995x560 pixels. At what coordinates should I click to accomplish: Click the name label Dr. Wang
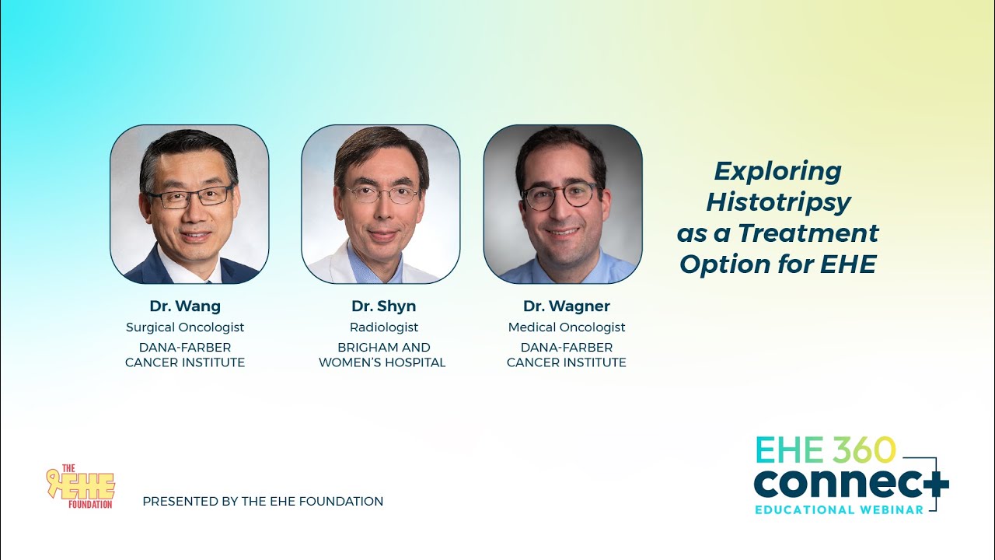185,306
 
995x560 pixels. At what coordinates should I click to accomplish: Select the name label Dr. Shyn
383,306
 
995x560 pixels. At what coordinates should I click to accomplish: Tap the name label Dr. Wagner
567,306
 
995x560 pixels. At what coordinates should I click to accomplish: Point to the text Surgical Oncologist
185,327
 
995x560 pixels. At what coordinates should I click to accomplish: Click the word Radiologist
384,327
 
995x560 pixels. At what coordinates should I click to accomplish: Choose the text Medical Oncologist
567,327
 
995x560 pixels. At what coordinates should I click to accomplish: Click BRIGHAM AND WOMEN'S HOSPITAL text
382,355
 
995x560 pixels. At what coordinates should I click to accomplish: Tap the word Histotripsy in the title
778,202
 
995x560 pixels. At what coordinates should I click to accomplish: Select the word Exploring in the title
778,171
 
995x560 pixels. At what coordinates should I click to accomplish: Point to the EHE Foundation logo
81,488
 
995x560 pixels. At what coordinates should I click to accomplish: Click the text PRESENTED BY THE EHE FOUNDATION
263,502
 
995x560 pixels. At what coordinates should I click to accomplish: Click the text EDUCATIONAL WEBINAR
840,509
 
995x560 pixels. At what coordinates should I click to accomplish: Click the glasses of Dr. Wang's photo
190,196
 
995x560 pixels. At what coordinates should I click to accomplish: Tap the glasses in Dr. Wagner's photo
560,195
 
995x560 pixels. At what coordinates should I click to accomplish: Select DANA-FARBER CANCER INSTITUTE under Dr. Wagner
567,355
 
